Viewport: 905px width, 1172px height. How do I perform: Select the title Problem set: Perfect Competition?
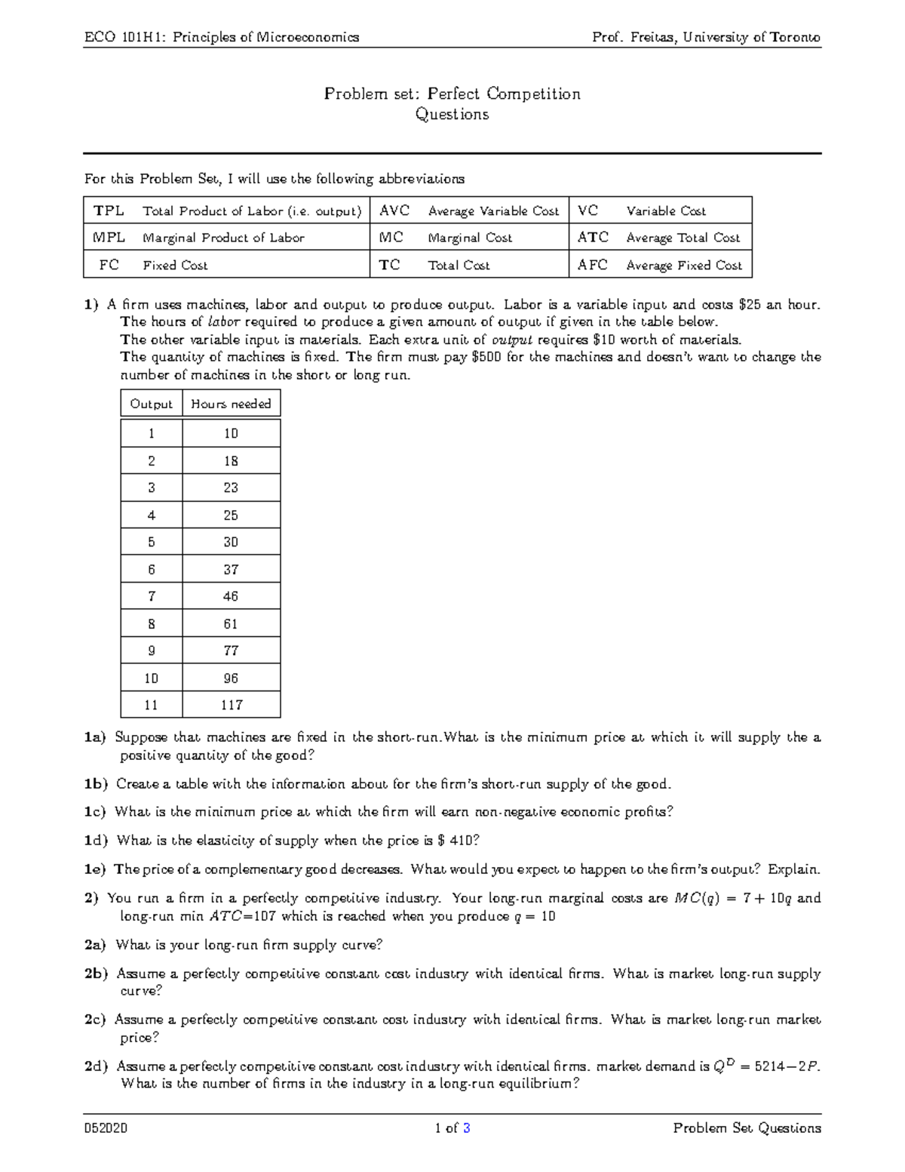452,94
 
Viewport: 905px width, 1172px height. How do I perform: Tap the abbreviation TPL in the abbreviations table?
109,211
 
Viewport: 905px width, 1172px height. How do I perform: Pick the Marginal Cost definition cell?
470,238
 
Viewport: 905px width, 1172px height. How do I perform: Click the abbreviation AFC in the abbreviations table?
592,265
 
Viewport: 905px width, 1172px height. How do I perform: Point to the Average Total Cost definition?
683,238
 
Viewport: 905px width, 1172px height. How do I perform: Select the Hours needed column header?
231,404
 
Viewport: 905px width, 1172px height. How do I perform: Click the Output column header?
151,404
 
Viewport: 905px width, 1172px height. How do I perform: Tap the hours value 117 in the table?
231,705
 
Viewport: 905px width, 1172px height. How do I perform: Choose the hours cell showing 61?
231,623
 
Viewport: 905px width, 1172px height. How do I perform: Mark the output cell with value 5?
151,542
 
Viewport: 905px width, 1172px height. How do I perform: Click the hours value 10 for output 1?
231,433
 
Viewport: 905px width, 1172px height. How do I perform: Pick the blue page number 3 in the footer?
467,1128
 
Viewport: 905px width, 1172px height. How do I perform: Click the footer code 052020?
106,1128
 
